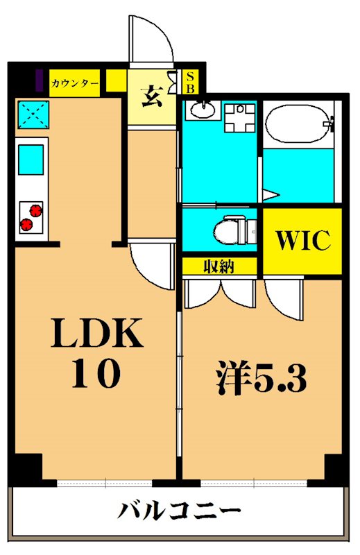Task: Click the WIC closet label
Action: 302,240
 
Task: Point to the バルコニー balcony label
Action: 179,513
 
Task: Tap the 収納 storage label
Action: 218,266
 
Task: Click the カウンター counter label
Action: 75,83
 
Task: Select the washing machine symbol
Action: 241,119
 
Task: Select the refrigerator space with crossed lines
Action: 32,114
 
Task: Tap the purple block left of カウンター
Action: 40,80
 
